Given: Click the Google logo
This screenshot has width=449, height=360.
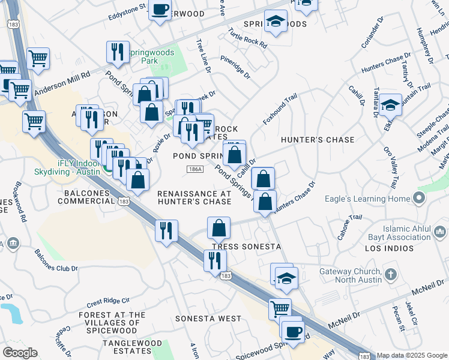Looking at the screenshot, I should (20, 353).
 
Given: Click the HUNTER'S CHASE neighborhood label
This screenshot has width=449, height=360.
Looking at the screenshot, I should (318, 140).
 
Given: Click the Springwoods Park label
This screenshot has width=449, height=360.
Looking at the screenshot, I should (150, 56).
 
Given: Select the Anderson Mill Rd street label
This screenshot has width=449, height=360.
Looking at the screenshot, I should (62, 83).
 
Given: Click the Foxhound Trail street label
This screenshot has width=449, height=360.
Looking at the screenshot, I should (280, 109).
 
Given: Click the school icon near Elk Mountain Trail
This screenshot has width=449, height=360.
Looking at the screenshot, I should (390, 106).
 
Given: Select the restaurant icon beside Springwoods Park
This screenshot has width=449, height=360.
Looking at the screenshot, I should (117, 52).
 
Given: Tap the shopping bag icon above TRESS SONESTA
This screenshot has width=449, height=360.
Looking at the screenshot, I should (219, 228).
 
